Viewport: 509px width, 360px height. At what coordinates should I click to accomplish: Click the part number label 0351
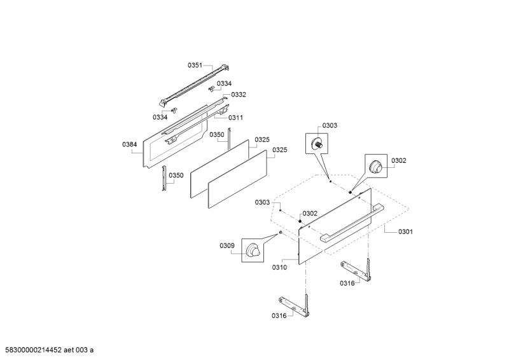(x=195, y=66)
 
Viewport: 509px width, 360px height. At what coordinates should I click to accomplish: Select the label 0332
(x=238, y=95)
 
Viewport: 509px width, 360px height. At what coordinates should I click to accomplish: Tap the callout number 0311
(x=235, y=118)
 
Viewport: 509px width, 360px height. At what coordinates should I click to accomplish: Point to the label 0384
(x=129, y=145)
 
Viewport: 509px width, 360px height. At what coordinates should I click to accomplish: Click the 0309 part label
(x=227, y=246)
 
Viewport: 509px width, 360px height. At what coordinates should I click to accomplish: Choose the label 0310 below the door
(x=279, y=267)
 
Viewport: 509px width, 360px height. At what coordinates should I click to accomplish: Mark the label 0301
(x=405, y=232)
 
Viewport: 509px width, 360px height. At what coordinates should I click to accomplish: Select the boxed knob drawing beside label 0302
(x=376, y=166)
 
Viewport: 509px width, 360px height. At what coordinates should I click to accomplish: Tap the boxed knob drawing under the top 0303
(x=317, y=144)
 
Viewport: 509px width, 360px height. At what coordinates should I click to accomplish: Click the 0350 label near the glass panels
(x=217, y=135)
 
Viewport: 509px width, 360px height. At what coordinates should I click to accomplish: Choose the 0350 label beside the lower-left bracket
(x=176, y=176)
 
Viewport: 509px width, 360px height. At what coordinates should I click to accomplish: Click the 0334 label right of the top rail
(x=224, y=84)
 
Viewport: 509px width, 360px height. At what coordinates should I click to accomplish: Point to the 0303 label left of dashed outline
(x=262, y=202)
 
